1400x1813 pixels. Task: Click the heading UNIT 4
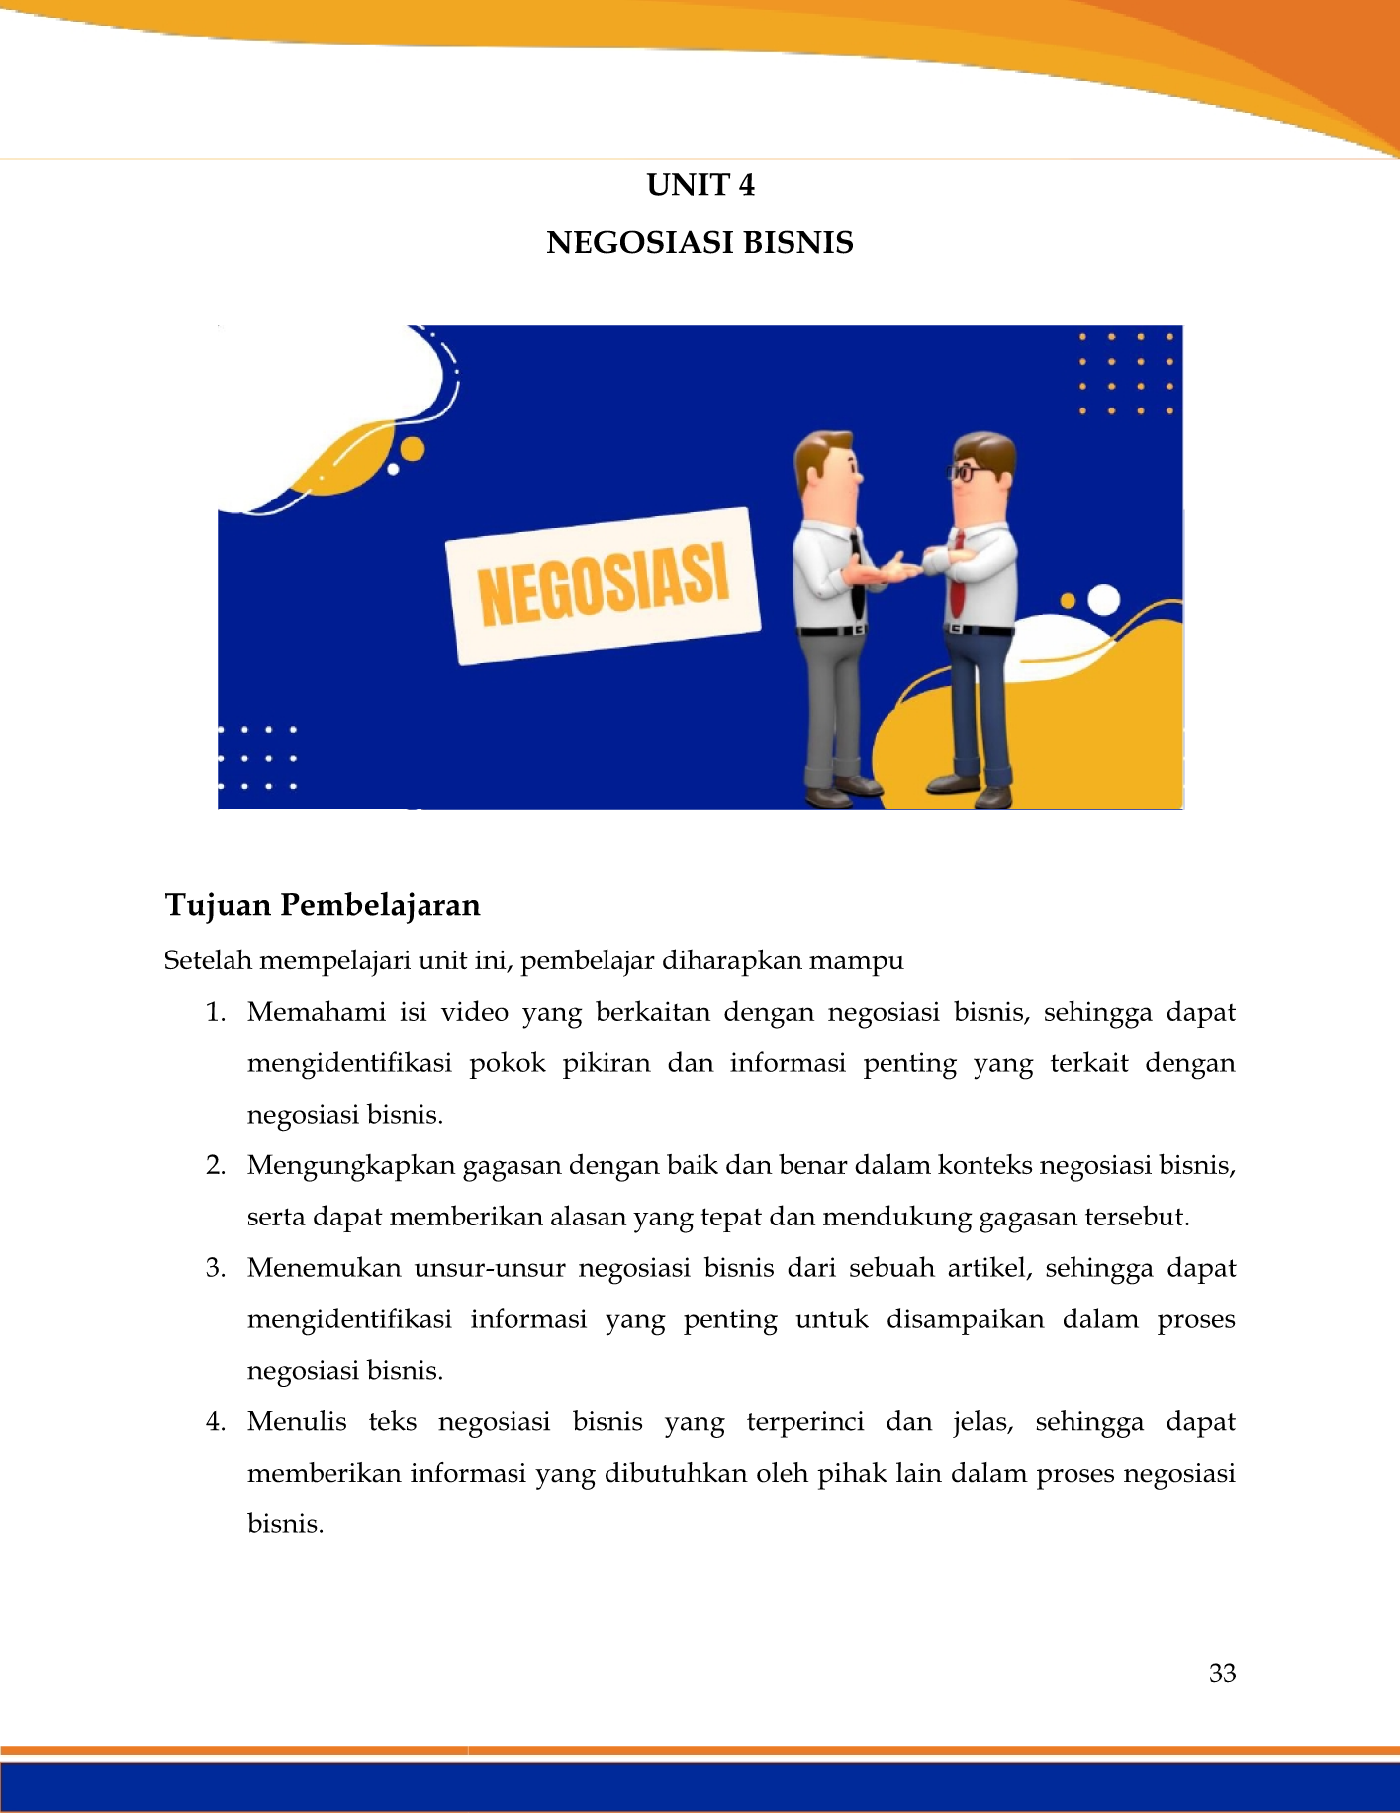point(700,185)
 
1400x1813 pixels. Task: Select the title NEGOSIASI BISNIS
point(700,243)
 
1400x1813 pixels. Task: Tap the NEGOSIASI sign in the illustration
point(604,586)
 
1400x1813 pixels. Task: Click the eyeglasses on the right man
point(963,472)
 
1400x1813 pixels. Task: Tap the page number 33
point(1222,1673)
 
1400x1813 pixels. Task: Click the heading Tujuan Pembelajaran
point(323,905)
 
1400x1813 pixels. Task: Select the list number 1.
point(216,1012)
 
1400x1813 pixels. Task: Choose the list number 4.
point(216,1422)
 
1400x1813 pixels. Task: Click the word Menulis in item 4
point(297,1422)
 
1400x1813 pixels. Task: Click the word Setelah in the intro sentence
point(208,960)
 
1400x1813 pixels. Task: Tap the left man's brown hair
point(820,448)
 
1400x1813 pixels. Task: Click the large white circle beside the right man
point(1103,599)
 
